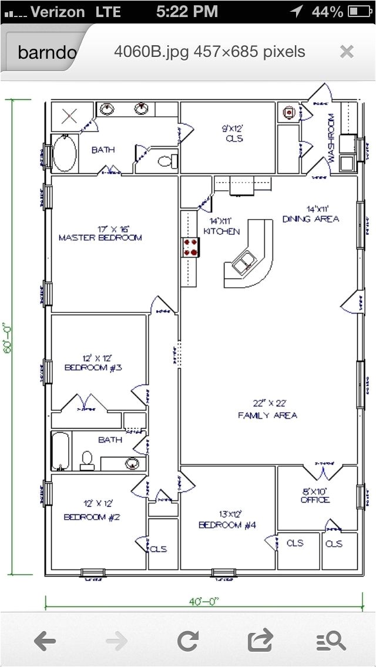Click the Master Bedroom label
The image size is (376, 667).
tap(100, 234)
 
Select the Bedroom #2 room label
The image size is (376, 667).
tap(92, 510)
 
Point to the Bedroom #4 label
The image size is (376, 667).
tap(227, 519)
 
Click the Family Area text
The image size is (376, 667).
tap(267, 409)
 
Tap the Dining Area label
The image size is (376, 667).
tap(311, 214)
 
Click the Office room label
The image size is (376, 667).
tap(315, 496)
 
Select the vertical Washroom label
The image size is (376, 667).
tap(331, 139)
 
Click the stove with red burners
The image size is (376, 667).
tap(190, 247)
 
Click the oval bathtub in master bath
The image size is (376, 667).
tap(64, 153)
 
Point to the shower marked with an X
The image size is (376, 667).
tap(70, 115)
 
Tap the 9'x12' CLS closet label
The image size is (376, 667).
tap(233, 133)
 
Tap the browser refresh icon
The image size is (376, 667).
tap(187, 641)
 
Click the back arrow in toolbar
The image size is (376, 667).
tap(45, 641)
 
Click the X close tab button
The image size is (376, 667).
tap(347, 52)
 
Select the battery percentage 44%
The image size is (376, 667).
tap(327, 11)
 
